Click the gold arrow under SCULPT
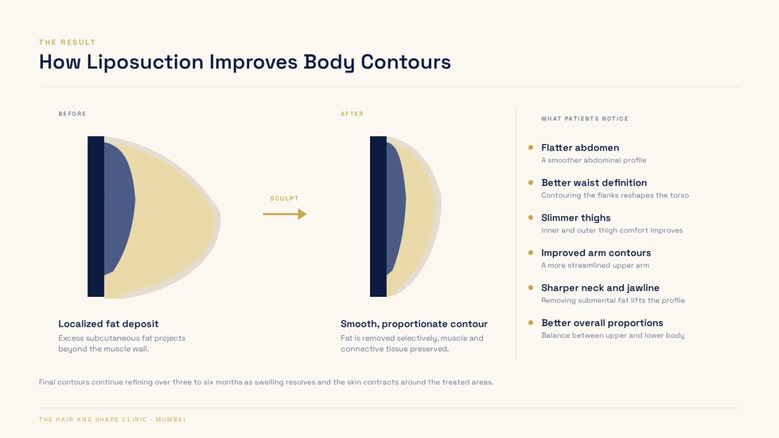[284, 214]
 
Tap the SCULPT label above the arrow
[284, 198]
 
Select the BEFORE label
[72, 114]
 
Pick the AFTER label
[352, 114]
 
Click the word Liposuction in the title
[145, 62]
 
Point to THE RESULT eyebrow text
[67, 42]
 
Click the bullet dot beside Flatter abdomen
[531, 148]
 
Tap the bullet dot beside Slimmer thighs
[531, 218]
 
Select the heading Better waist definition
[594, 183]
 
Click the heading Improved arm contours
[596, 253]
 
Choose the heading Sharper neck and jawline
[600, 288]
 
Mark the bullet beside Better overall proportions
[531, 323]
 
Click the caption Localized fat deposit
[108, 323]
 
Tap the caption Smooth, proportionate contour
[414, 323]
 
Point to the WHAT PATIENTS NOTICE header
[585, 119]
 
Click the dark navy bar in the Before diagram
[96, 216]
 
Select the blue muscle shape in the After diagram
[396, 205]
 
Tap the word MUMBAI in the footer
[170, 420]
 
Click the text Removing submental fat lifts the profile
[613, 301]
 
